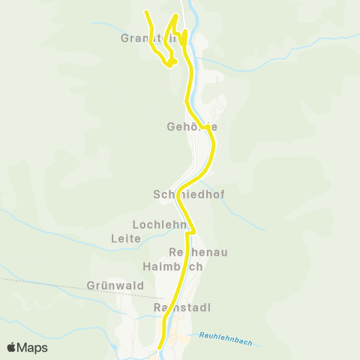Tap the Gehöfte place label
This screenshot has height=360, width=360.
pos(192,127)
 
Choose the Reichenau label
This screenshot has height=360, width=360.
pos(198,252)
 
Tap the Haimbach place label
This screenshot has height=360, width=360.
pos(172,266)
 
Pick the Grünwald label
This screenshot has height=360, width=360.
pos(104,286)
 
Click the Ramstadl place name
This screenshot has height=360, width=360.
pos(181,308)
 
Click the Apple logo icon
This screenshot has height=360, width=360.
pos(11,347)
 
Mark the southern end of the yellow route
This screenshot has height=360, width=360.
pos(161,347)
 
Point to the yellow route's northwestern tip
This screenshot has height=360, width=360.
pos(145,10)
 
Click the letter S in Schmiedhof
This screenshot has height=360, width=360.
pos(157,193)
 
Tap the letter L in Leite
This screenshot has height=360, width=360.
pos(112,238)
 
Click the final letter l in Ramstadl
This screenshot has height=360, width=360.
pos(209,308)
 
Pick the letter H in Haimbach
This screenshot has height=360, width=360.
pos(147,266)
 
